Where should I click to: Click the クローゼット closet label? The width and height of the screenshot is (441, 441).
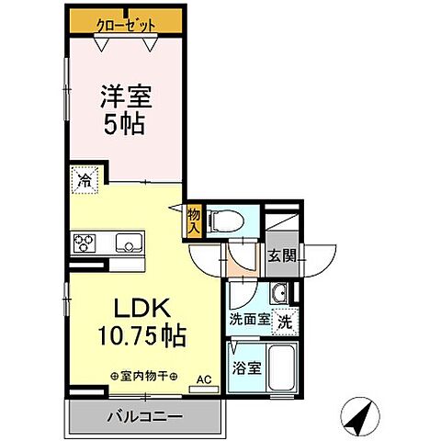tap(126, 25)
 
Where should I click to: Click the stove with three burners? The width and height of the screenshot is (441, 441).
tap(85, 243)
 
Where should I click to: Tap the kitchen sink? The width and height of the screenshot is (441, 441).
tap(126, 243)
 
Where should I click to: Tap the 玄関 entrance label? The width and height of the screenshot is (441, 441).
tap(281, 256)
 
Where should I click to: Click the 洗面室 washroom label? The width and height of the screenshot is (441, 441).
tap(251, 322)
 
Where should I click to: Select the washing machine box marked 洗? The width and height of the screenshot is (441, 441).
tap(286, 322)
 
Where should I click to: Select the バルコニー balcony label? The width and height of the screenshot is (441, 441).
tap(142, 416)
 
